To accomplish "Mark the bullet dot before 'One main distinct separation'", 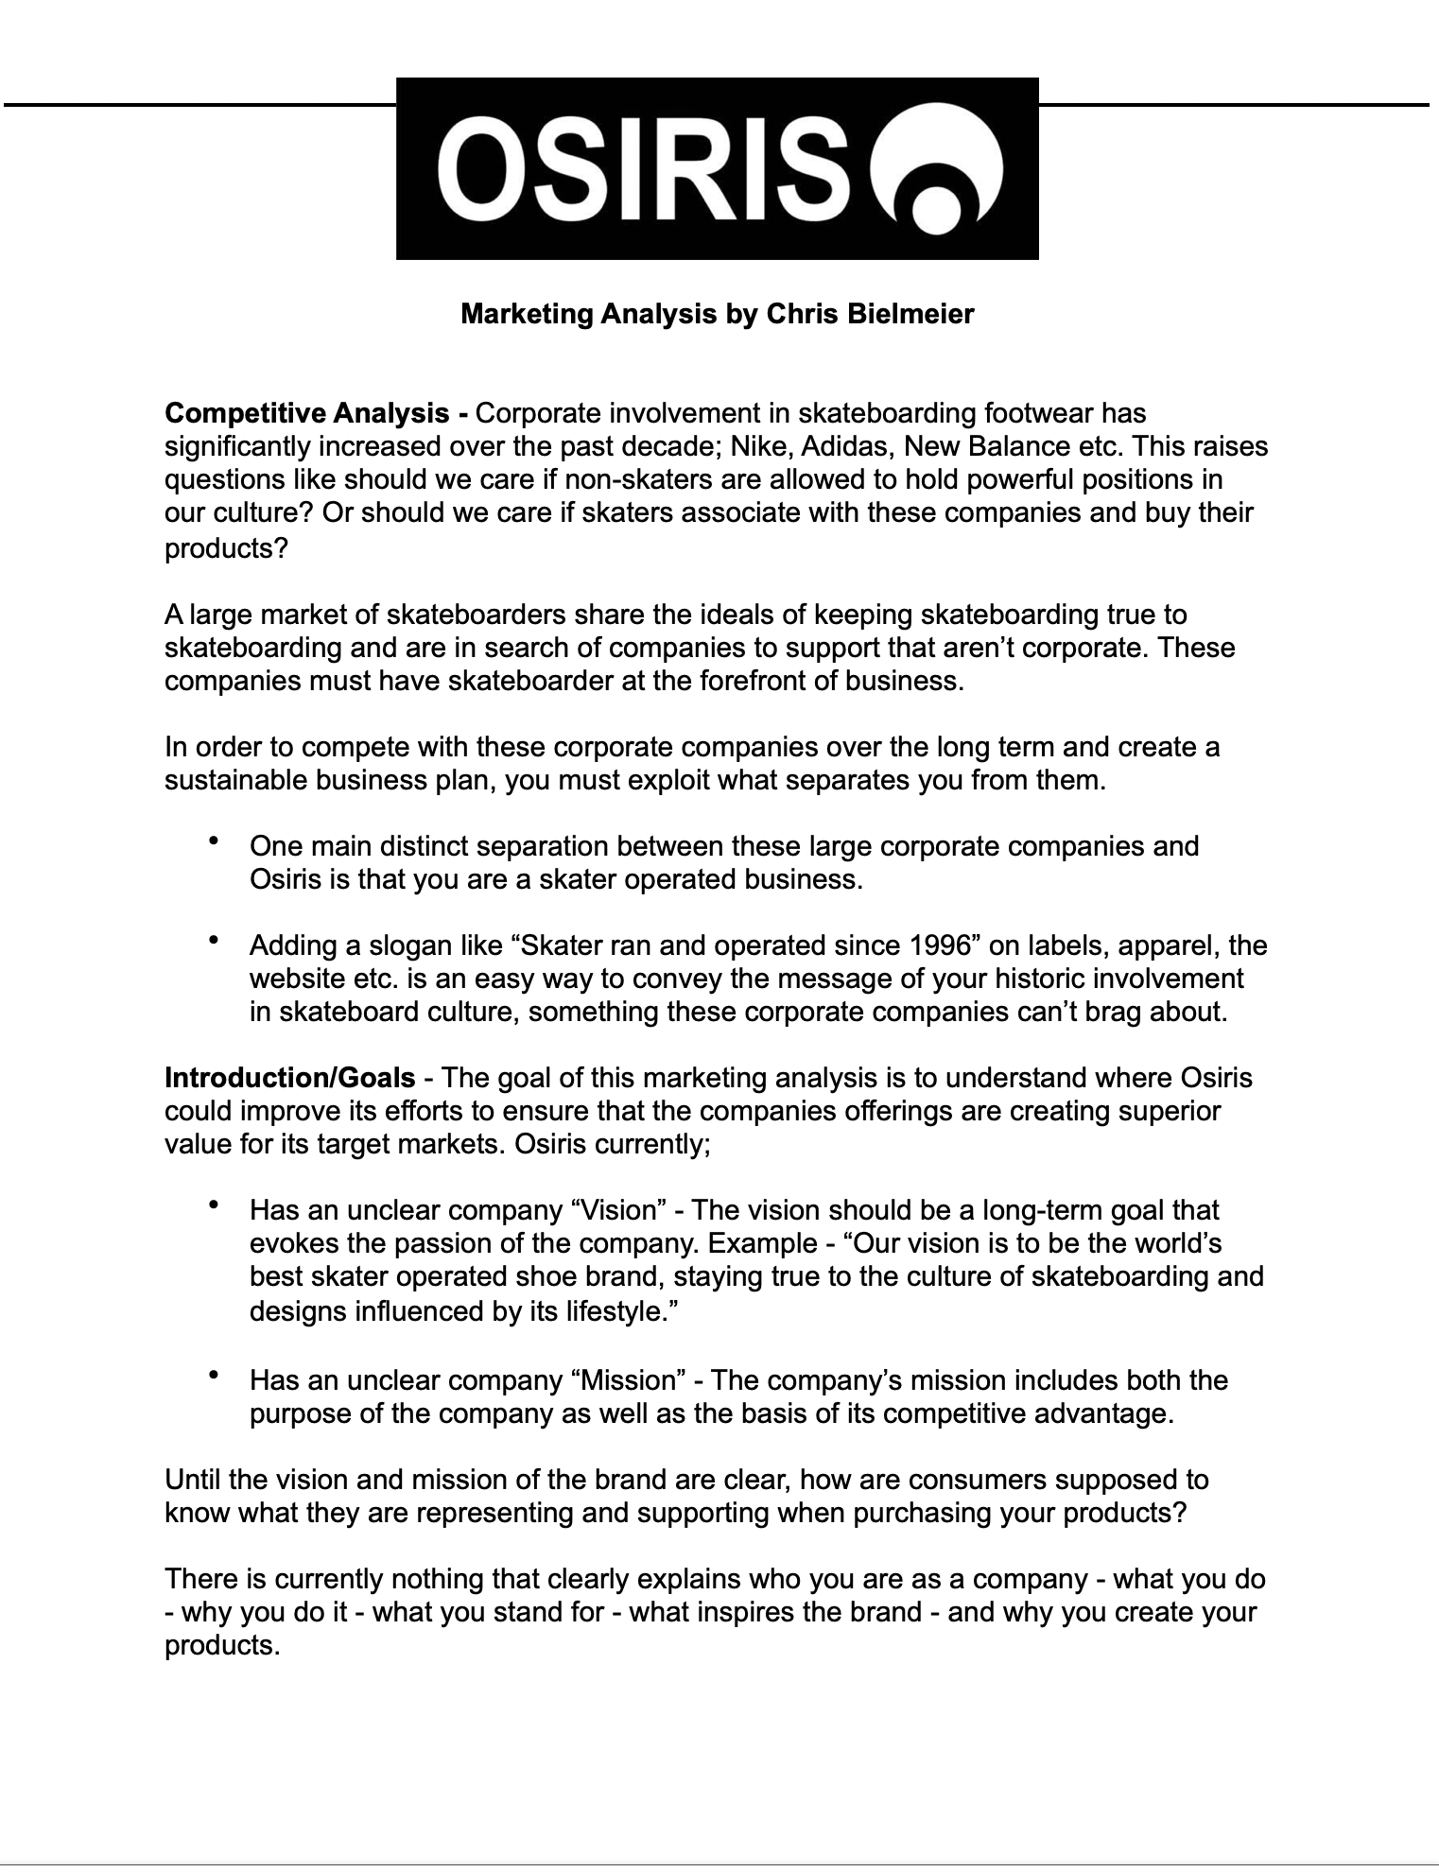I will pyautogui.click(x=215, y=840).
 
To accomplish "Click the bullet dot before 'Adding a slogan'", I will pyautogui.click(x=215, y=940).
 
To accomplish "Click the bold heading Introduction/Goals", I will pyautogui.click(x=289, y=1078).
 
